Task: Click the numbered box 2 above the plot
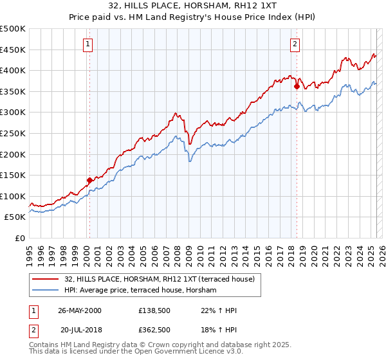[295, 44]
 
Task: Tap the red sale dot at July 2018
[297, 85]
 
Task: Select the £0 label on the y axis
[21, 238]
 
